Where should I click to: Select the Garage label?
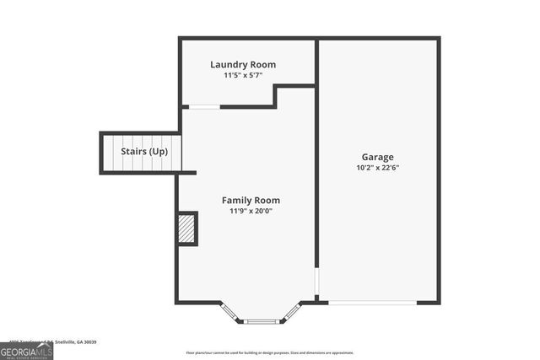point(378,157)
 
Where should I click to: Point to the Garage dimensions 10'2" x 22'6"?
point(378,168)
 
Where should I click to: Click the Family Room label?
point(251,200)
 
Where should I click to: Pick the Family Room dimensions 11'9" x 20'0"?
point(251,211)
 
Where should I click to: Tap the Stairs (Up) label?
point(144,151)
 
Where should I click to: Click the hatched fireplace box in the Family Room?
point(186,228)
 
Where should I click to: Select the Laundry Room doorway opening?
point(203,106)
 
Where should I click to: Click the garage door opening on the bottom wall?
point(372,302)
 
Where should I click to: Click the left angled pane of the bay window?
point(229,312)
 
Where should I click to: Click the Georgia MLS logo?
point(26,351)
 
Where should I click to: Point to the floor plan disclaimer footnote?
point(269,353)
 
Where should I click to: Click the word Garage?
point(378,157)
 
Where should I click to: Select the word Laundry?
point(227,65)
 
